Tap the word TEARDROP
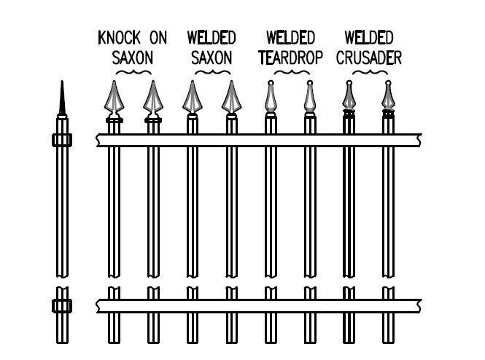tap(290, 58)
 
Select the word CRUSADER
tap(369, 58)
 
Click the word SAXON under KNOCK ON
tap(132, 58)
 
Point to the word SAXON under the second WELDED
tap(211, 58)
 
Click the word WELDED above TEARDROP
tap(290, 38)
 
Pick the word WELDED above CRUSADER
tap(369, 38)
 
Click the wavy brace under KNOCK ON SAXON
tap(132, 74)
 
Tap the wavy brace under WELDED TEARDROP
tap(290, 74)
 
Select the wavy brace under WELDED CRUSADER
tap(369, 74)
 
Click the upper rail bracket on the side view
tap(62, 140)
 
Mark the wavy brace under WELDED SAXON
tap(211, 74)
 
